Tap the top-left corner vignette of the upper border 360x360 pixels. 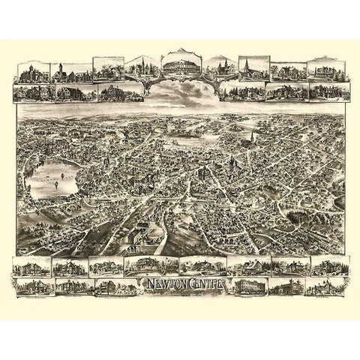(31, 73)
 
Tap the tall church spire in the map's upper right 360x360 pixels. (253, 141)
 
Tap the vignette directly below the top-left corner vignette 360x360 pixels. (31, 92)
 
